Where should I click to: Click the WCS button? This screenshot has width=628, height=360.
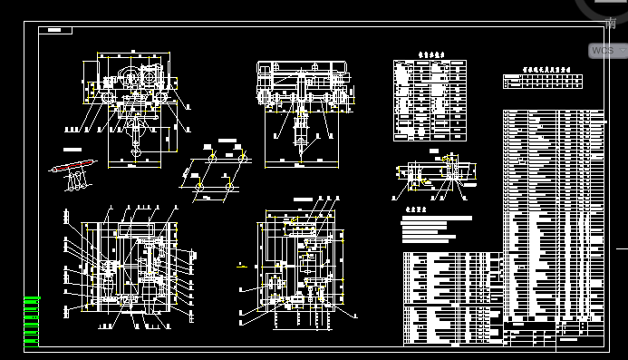603,51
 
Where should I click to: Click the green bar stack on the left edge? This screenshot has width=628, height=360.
31,322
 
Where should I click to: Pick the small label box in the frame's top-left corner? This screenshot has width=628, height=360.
59,30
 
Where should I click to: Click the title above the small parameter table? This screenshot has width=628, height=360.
430,54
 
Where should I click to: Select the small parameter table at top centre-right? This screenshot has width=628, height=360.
430,100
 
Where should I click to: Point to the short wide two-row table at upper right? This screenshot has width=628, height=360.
553,82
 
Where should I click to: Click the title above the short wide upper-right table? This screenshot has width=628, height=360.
553,68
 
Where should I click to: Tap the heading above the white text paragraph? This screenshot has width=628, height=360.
415,209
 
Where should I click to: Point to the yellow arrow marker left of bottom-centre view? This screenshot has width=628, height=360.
241,266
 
